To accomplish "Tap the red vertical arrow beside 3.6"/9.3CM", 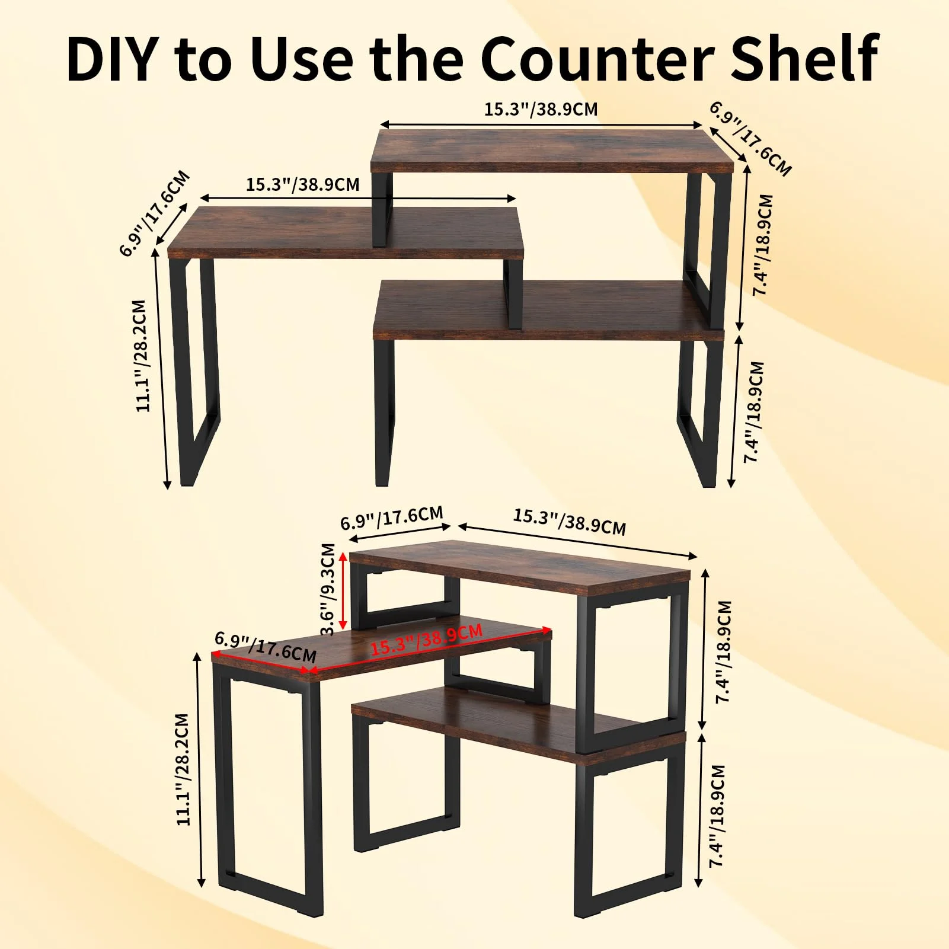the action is [x=343, y=589].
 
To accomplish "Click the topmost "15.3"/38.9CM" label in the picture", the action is [x=541, y=109].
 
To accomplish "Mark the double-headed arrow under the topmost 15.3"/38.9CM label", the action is [x=541, y=124].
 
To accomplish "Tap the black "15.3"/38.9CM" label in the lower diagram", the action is [x=569, y=522].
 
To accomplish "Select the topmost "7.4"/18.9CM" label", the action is [x=763, y=244].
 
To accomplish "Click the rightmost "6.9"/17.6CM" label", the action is [x=750, y=139].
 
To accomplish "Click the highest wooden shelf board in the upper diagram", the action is [x=552, y=151].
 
